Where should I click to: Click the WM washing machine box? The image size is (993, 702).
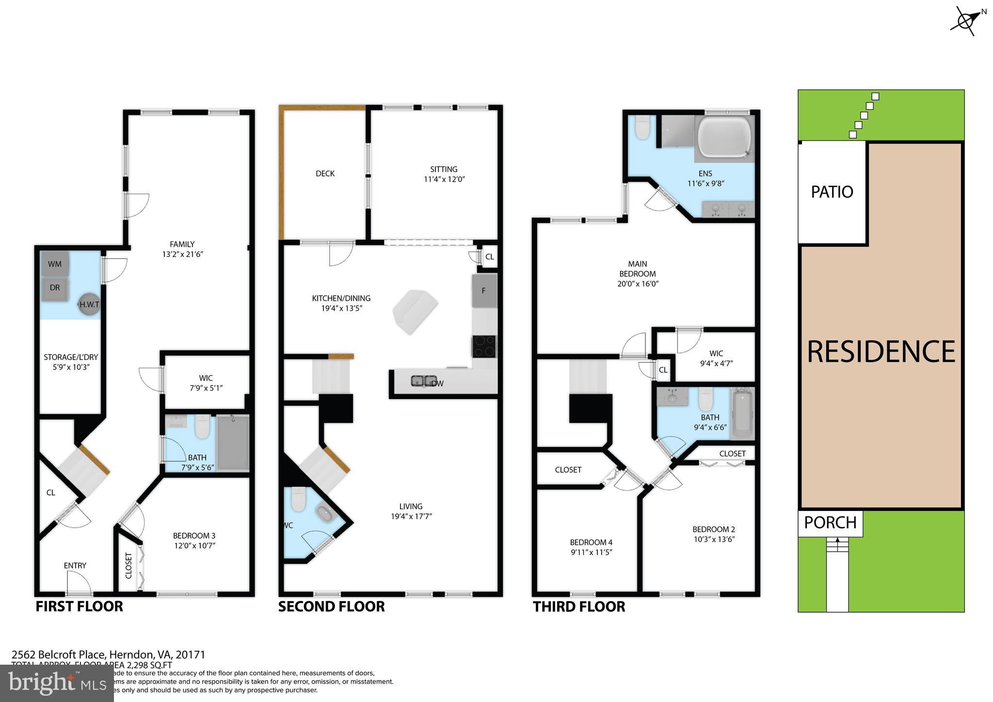pos(55,264)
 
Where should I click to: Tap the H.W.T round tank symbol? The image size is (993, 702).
pos(89,304)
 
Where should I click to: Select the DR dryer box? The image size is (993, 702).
pos(55,288)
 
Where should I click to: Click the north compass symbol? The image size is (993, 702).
pos(965,20)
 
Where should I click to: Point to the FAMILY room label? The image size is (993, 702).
pos(182,244)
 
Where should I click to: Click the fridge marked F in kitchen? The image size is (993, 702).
pos(484,291)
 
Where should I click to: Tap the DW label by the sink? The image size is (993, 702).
pos(438,383)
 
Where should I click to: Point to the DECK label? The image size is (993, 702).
pos(325,174)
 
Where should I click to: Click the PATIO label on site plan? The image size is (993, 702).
pos(832,192)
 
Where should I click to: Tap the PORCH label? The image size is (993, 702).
pos(830,523)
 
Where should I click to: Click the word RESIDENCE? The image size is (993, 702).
pos(881,352)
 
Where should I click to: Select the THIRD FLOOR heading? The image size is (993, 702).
pos(579,606)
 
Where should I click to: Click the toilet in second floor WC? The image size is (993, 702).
pos(298,499)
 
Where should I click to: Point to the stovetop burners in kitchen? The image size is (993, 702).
pos(484,346)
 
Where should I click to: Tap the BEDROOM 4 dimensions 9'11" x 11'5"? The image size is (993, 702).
pos(591,552)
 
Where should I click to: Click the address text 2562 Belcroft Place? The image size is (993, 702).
pos(58,654)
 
